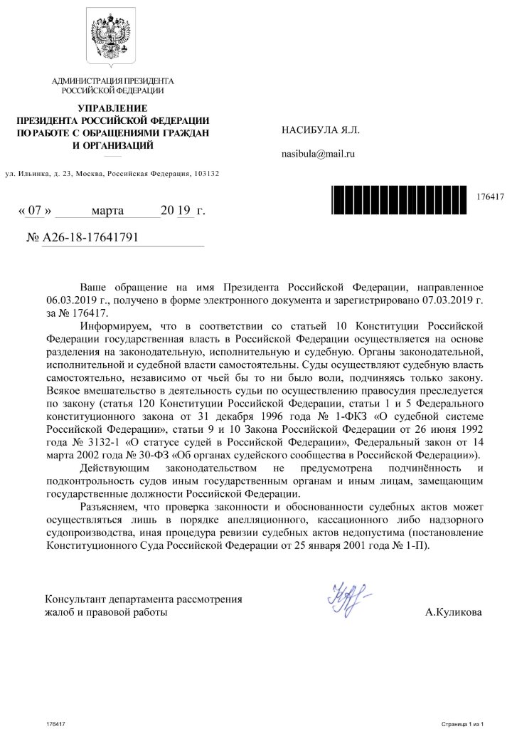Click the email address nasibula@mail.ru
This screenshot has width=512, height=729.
[x=319, y=153]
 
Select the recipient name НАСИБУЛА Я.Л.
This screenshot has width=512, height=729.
[x=321, y=130]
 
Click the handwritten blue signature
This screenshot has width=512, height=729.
[x=351, y=597]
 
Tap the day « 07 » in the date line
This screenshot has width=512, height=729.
[x=33, y=211]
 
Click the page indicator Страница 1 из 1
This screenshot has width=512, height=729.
[x=462, y=723]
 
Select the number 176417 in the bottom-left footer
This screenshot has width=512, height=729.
[x=55, y=723]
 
